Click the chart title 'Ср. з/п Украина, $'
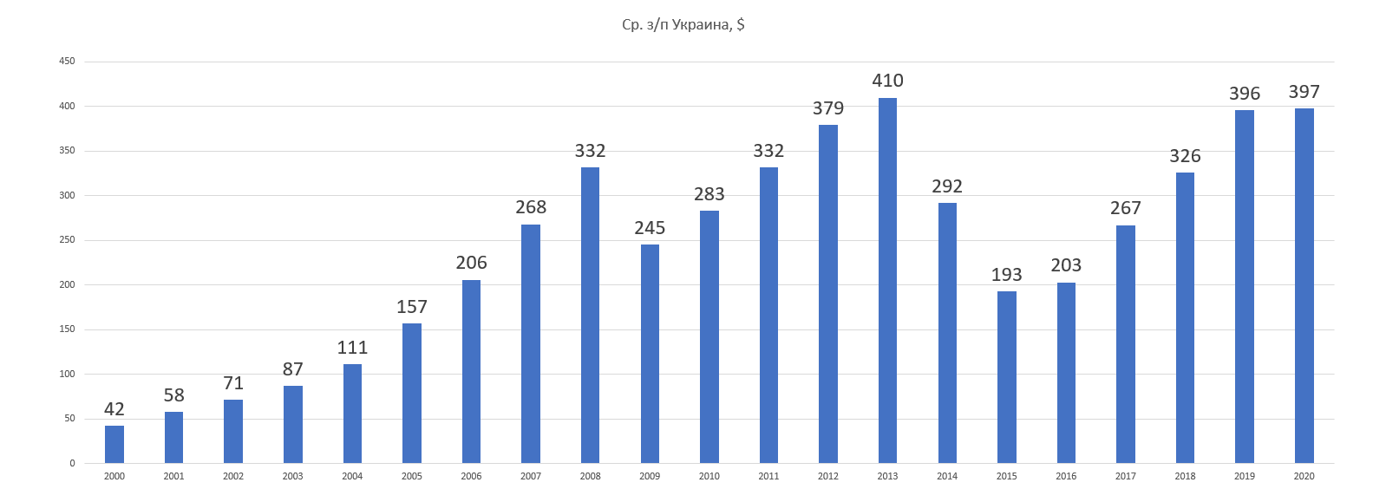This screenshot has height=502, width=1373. (683, 24)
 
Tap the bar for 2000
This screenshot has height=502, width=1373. (114, 444)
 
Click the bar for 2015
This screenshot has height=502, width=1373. (1006, 377)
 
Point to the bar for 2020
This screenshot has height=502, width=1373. (1304, 285)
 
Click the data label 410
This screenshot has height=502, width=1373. (887, 81)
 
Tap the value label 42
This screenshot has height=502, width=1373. (114, 409)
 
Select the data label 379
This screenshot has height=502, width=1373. (828, 108)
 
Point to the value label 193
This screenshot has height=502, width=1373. (1006, 275)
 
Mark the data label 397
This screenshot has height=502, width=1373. (1304, 92)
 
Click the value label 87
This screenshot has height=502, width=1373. (293, 369)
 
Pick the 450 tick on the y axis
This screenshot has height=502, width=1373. (67, 62)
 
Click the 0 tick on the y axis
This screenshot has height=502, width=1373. (72, 463)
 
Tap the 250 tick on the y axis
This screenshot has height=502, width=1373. (67, 240)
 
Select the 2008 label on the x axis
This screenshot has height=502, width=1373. (590, 476)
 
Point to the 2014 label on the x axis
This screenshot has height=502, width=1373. (947, 476)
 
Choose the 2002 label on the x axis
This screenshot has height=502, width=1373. (233, 476)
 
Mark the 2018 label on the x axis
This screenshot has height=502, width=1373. (1185, 476)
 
